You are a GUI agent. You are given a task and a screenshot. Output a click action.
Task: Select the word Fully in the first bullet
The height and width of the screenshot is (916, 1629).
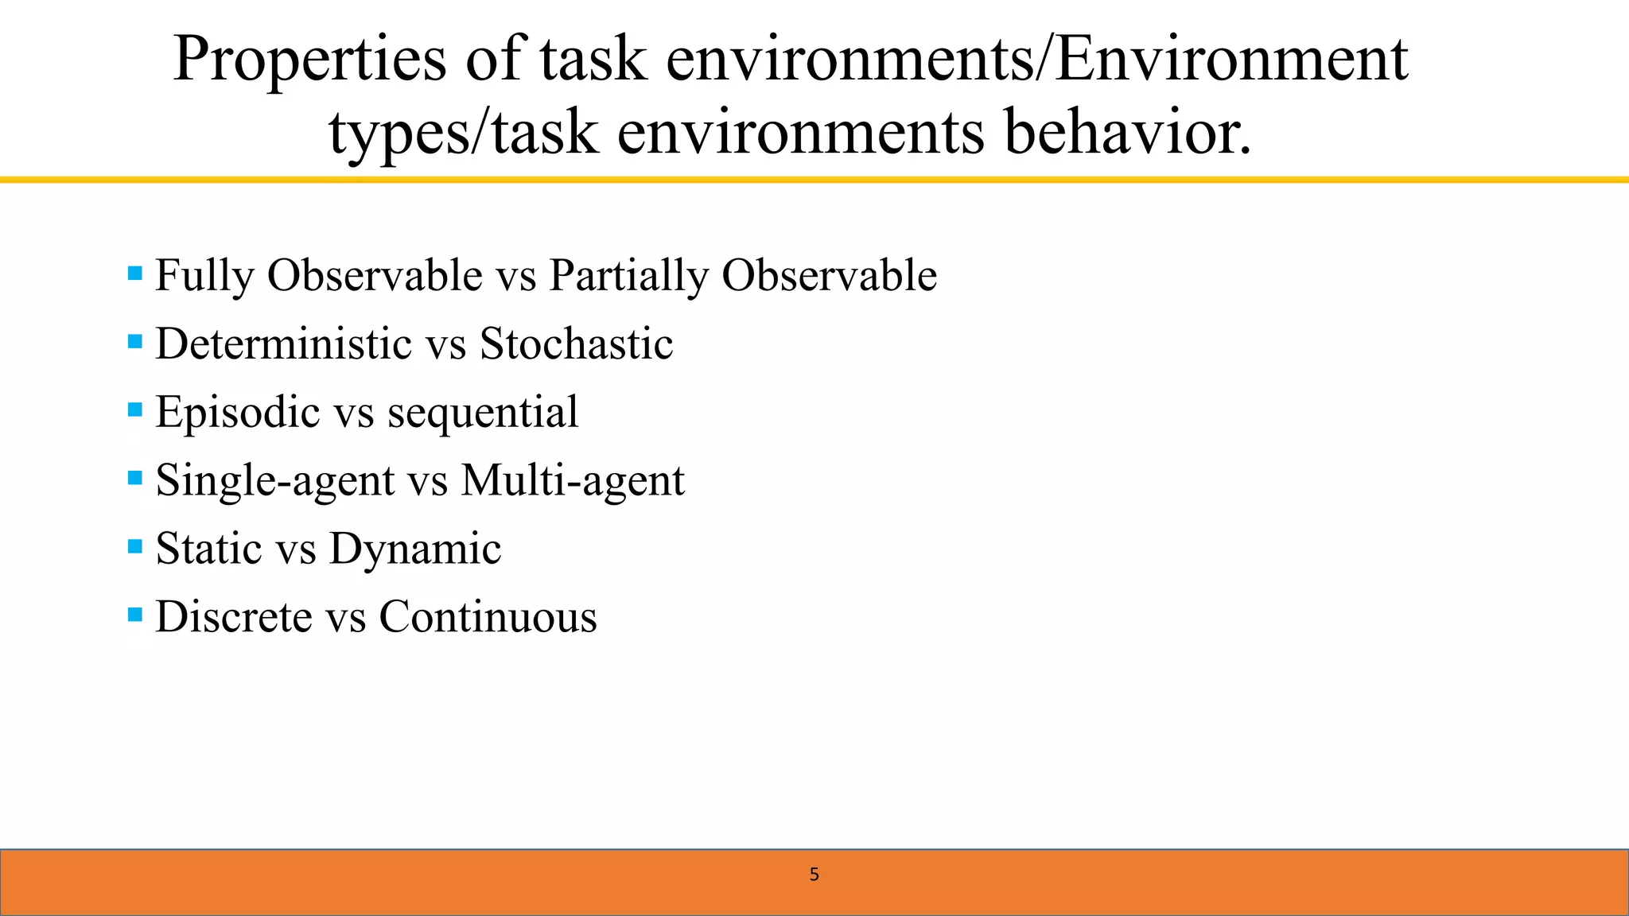[204, 276]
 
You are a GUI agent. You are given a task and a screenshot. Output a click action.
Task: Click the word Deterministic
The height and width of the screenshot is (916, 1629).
[283, 344]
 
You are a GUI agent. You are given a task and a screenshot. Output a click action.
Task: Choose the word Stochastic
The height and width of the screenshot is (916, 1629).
[576, 344]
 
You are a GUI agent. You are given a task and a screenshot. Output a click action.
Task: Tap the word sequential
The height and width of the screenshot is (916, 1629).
[483, 413]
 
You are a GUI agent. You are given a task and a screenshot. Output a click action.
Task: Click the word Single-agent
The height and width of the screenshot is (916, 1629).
[275, 480]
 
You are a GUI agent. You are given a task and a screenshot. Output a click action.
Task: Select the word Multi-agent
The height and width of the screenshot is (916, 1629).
[573, 480]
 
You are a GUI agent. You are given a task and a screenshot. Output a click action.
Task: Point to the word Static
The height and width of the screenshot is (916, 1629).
[208, 549]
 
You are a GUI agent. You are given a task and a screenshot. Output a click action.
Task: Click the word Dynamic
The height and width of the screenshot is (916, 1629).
[415, 549]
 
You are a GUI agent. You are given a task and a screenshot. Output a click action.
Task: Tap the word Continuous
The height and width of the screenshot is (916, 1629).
[488, 617]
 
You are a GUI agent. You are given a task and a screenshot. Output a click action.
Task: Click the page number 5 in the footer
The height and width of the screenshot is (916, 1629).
[814, 875]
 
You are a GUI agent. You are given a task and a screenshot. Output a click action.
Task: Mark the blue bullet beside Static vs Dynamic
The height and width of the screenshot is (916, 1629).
[135, 546]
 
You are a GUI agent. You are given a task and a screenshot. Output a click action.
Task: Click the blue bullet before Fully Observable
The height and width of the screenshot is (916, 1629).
[135, 274]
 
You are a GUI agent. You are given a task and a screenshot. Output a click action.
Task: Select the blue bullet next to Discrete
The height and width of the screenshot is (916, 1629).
[135, 615]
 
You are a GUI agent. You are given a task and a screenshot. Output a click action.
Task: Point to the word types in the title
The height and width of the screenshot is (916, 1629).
[399, 134]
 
